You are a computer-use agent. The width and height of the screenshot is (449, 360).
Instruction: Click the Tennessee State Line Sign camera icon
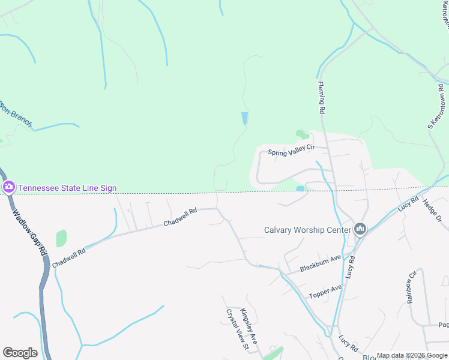tap(8, 187)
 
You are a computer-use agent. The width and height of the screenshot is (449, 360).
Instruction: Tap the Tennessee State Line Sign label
tap(67, 188)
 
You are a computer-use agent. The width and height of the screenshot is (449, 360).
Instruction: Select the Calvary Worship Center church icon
tap(360, 229)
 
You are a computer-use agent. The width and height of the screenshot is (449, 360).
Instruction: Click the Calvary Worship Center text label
tap(307, 229)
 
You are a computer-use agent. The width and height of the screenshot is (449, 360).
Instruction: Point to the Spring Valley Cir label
tap(291, 152)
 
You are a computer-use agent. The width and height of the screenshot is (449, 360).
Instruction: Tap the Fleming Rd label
tap(321, 98)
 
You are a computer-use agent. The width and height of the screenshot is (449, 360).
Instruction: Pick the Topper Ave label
tap(325, 292)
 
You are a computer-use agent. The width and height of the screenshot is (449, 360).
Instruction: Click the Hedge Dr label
tap(432, 211)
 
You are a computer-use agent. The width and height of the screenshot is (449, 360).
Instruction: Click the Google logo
tap(20, 353)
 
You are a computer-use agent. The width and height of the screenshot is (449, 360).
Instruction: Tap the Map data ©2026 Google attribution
tap(412, 355)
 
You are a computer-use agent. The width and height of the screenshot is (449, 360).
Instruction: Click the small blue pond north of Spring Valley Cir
tap(244, 118)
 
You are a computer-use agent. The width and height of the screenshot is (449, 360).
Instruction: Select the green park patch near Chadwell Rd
tap(61, 238)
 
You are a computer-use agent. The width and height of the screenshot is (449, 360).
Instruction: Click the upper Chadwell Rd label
tap(181, 217)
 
